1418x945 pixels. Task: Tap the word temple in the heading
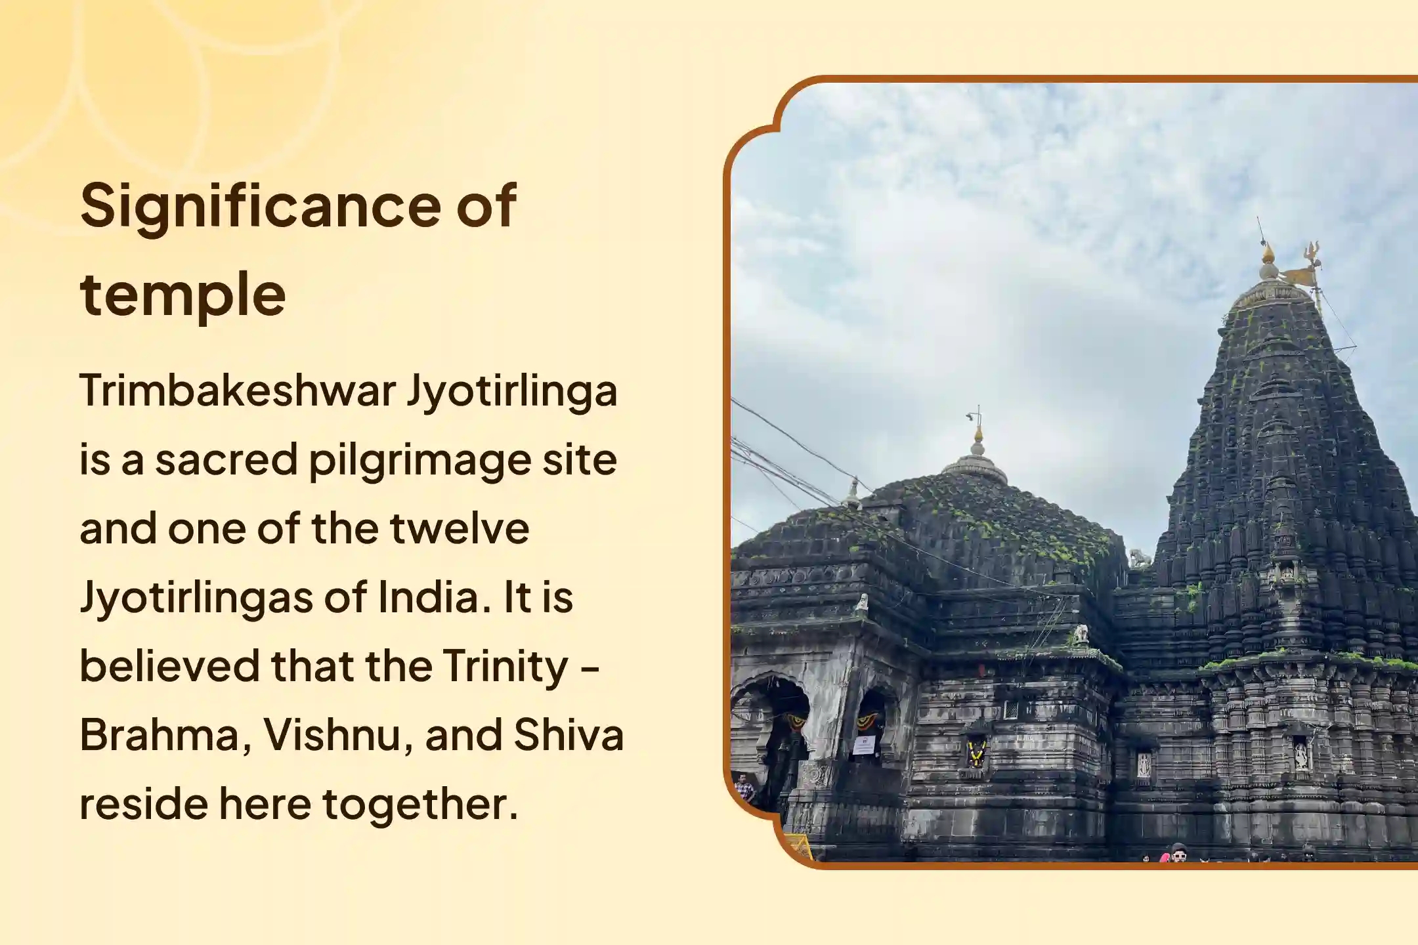(x=183, y=295)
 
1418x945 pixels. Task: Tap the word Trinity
(x=505, y=667)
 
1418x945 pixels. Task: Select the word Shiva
(x=569, y=734)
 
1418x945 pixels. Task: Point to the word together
(x=420, y=805)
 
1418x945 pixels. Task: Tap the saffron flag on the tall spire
(x=1295, y=276)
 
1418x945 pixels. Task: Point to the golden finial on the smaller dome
(x=978, y=434)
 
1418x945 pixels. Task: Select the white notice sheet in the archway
(x=865, y=745)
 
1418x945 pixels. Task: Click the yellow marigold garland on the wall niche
(x=976, y=754)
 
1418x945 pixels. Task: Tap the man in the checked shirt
(x=744, y=788)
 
